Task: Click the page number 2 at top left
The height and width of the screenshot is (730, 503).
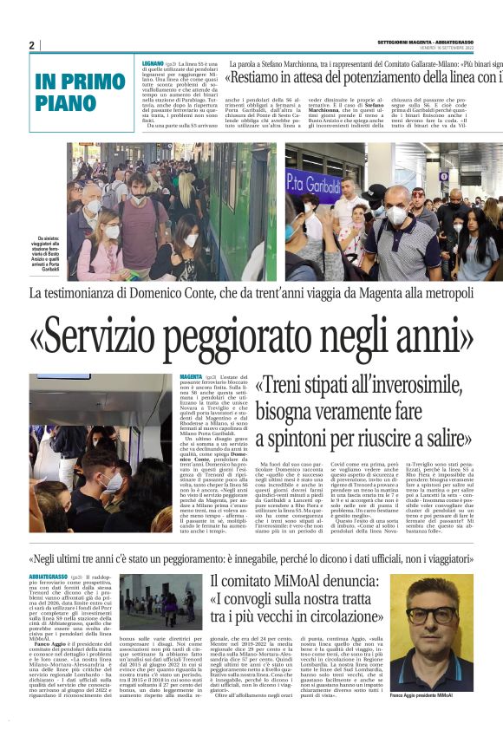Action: [31, 45]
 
